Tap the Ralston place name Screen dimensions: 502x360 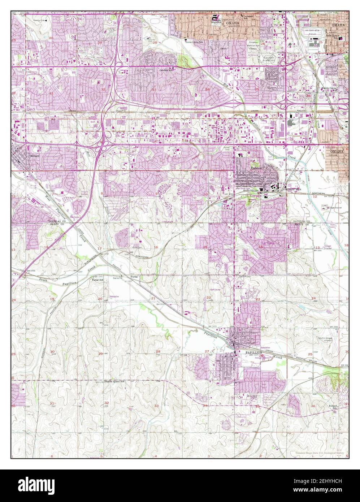[x=256, y=169]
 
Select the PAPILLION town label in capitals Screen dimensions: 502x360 [x=253, y=352]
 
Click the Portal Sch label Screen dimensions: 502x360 [x=97, y=280]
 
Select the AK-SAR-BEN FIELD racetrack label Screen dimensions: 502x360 [x=313, y=31]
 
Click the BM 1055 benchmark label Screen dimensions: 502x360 [x=32, y=270]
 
